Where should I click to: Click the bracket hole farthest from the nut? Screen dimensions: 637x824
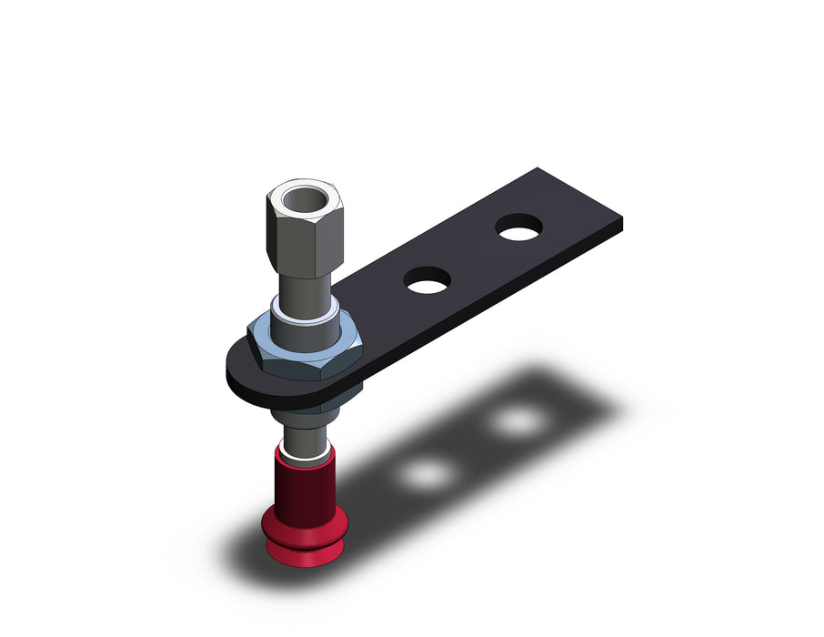point(518,227)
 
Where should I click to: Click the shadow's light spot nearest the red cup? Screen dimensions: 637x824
point(426,473)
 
